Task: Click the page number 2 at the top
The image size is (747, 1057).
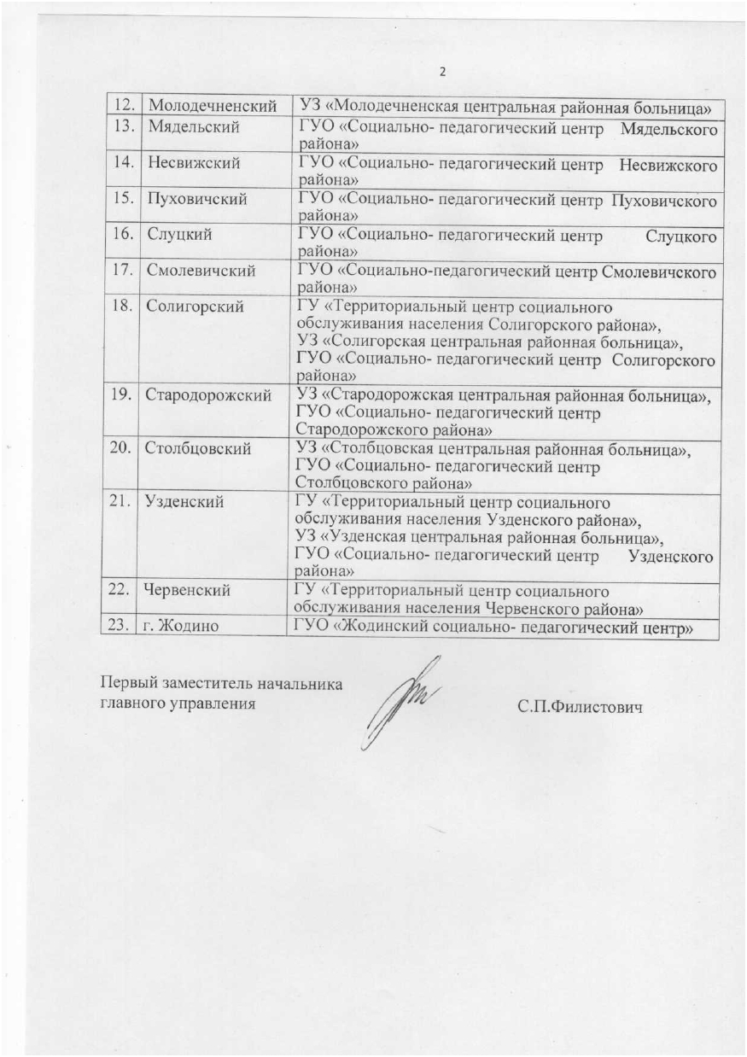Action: [x=443, y=73]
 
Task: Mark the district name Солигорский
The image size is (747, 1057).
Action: [x=195, y=305]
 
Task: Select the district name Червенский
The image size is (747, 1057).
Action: [x=190, y=591]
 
